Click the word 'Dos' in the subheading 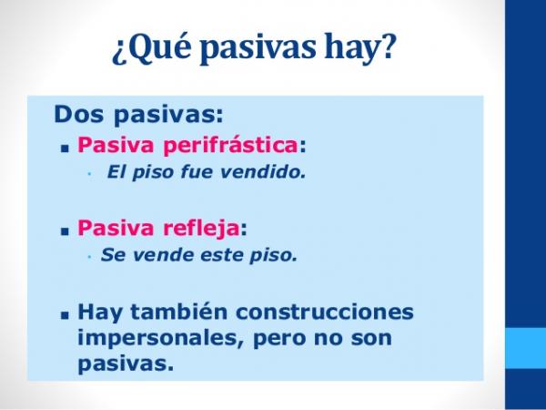pos(76,115)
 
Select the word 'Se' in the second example pos(111,255)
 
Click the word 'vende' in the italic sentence pos(153,255)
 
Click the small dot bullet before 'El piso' pos(89,172)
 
